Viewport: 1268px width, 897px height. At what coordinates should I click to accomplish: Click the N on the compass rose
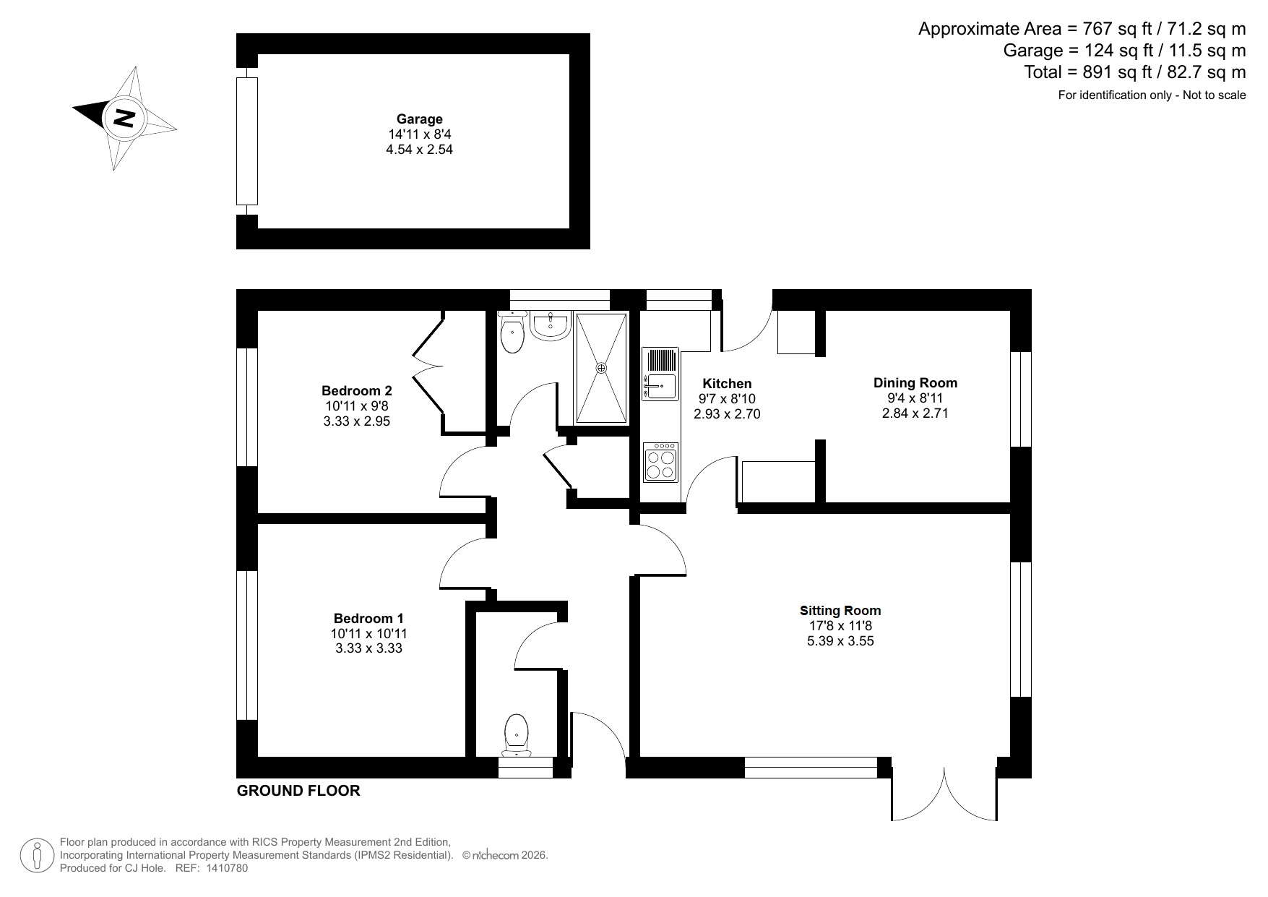(x=125, y=117)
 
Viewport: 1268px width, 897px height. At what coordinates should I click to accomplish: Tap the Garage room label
(x=419, y=119)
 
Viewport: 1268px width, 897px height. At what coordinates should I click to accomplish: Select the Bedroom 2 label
(x=357, y=391)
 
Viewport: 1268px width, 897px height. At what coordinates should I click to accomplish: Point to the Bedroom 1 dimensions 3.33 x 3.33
(x=368, y=648)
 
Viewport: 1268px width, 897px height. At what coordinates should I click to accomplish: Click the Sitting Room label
(x=840, y=611)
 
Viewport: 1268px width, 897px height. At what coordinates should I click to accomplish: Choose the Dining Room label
(x=915, y=383)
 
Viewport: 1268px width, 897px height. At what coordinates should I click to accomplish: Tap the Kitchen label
(x=727, y=384)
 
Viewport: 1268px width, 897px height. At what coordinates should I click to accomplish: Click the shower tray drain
(x=600, y=368)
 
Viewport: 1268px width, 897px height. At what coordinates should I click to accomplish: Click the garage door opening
(x=247, y=141)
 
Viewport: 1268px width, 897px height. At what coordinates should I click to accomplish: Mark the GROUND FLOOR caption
(x=298, y=791)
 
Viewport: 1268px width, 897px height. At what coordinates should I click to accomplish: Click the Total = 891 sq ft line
(x=1134, y=72)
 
